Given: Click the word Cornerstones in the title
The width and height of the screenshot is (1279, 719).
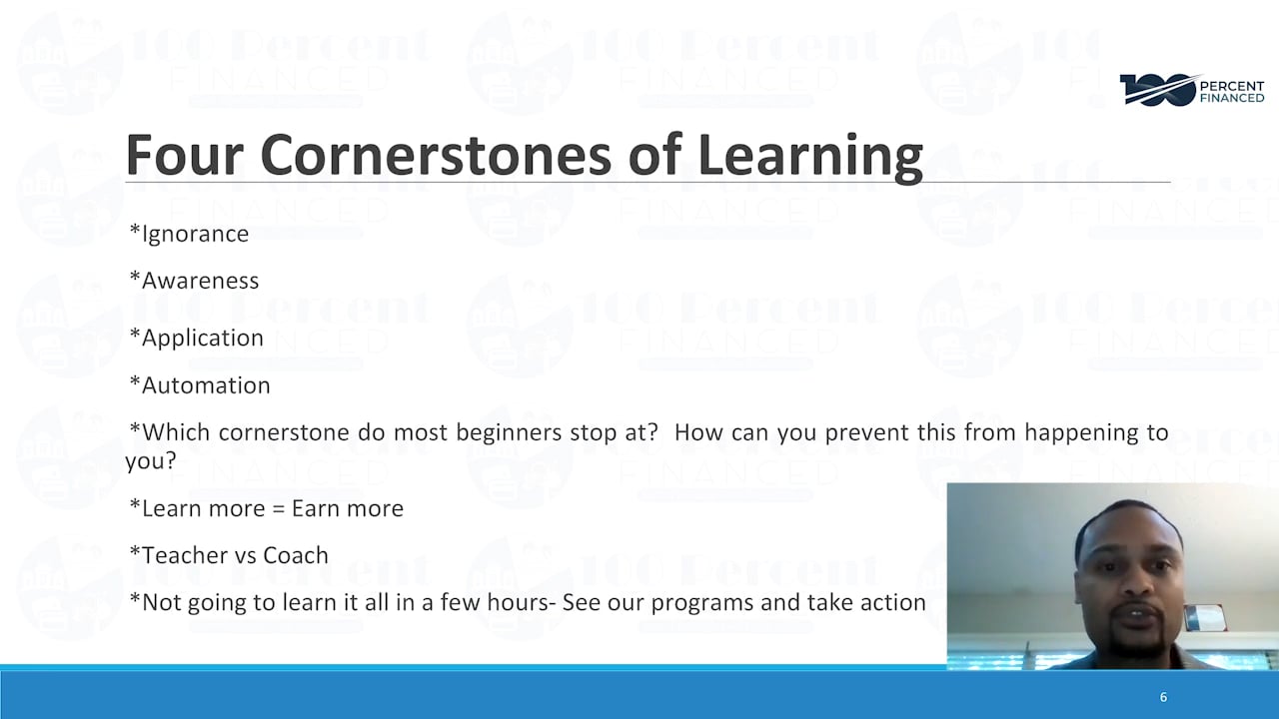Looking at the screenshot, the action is [436, 155].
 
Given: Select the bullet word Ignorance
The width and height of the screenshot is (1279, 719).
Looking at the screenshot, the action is [195, 234].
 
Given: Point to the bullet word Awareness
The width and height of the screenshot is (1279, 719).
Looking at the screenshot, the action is [200, 281].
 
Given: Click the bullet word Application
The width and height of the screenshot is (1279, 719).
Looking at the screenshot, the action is [202, 339].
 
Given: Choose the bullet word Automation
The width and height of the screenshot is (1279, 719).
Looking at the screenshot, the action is [206, 385].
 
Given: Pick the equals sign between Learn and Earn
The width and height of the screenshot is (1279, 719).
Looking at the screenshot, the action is [279, 509].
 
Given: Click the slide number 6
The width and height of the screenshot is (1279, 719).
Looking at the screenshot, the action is [1163, 697].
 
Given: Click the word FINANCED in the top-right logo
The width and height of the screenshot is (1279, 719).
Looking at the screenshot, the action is [1232, 98].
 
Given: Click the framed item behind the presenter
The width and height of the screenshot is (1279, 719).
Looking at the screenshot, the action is [1204, 618].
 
